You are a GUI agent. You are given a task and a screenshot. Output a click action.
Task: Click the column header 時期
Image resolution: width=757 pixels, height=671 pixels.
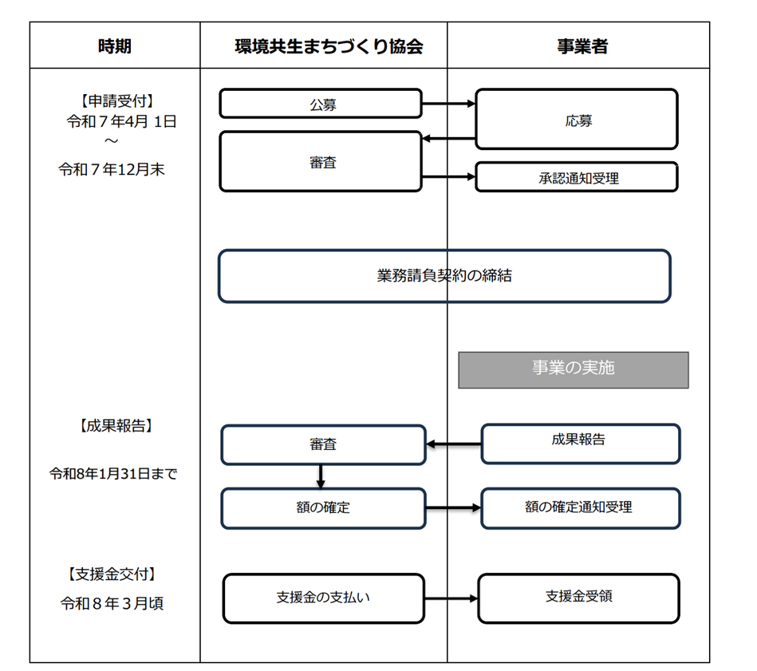115,46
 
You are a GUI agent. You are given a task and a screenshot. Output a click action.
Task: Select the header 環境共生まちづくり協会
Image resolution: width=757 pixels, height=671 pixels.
323,46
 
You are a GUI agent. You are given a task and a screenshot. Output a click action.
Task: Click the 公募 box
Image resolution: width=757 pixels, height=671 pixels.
321,104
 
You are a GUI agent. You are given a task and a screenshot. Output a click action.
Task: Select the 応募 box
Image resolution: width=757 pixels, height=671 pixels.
576,119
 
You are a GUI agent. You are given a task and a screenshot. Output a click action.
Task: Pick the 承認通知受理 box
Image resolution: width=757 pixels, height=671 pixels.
576,177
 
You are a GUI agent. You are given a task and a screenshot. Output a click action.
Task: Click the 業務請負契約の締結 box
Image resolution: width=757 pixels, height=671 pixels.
444,276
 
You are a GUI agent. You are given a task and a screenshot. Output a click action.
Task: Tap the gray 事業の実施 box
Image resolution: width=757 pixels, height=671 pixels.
573,370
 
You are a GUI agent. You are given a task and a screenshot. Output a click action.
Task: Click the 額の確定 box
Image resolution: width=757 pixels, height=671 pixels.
323,508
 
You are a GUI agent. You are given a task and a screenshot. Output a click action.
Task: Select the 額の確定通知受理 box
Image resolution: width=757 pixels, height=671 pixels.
580,508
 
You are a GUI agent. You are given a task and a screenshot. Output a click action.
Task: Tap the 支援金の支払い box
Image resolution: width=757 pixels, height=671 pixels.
323,598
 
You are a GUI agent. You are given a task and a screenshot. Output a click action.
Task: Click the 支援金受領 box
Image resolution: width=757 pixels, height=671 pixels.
578,598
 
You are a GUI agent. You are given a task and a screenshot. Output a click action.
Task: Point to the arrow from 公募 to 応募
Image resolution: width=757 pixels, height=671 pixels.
448,104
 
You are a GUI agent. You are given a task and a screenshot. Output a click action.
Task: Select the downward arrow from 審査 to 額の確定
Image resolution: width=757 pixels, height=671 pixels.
321,476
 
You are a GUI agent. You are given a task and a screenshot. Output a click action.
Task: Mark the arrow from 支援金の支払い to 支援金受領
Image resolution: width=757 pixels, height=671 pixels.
451,598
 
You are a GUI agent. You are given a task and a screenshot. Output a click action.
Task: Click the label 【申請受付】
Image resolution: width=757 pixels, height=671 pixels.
116,101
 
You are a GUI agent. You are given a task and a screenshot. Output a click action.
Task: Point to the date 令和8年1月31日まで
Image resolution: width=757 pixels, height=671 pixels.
113,474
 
